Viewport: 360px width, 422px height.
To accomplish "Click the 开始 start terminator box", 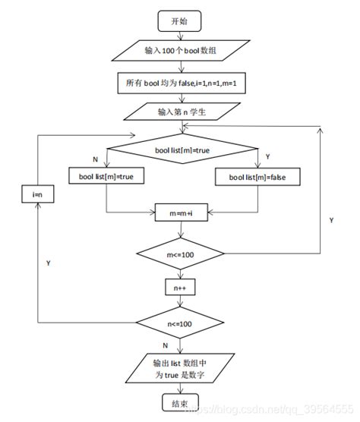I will click(180, 20).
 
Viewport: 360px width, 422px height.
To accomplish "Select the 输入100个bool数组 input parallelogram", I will click(180, 52).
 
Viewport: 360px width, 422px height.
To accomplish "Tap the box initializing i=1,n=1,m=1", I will click(180, 81).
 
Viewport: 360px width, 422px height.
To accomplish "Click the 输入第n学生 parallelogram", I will click(180, 112).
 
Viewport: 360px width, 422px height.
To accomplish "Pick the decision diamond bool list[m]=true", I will click(180, 150).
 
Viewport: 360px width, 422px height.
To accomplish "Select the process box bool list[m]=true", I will click(106, 177).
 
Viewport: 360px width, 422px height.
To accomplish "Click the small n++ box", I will click(180, 288).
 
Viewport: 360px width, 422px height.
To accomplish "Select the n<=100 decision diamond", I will click(180, 323).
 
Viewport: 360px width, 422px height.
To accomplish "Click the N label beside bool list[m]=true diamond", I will click(95, 159).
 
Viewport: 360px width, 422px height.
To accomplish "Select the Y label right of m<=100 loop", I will click(331, 219).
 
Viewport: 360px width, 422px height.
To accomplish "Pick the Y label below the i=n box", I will click(49, 263).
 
